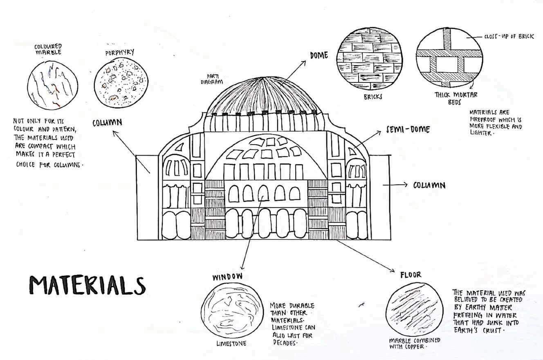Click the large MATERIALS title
(87, 285)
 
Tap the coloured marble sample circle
(52, 85)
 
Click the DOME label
(319, 55)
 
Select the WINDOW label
(227, 277)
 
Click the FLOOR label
(411, 275)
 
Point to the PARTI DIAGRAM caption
(211, 79)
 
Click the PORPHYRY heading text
(119, 53)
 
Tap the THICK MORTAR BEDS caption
(456, 98)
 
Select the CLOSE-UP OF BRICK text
(509, 37)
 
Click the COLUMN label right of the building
(429, 185)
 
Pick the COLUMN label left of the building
(107, 122)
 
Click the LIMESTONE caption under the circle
(231, 344)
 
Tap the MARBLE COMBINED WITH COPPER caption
(414, 343)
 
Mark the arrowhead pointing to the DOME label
(304, 63)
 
